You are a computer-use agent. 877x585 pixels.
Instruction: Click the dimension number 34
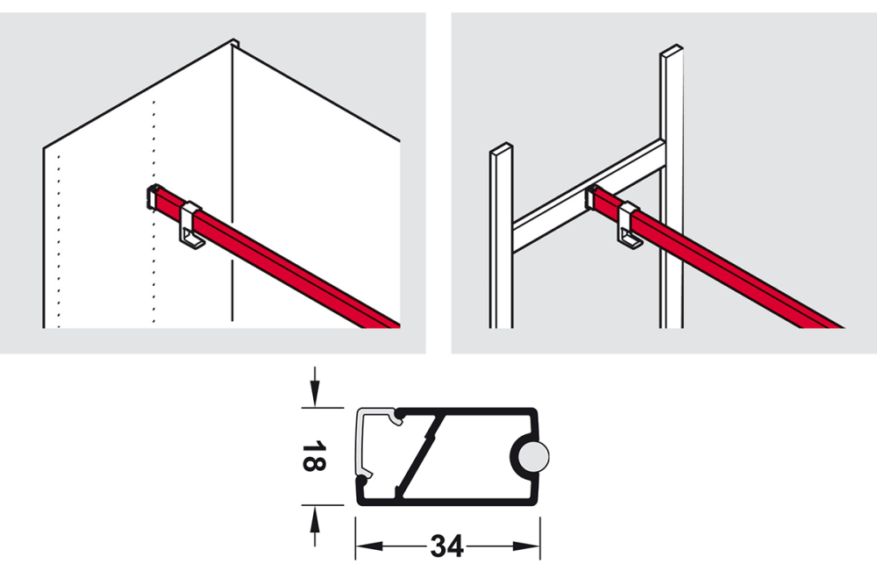[x=446, y=547]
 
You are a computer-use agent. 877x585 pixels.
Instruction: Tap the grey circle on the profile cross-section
[x=531, y=457]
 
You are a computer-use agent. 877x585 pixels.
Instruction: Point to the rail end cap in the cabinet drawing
[x=152, y=197]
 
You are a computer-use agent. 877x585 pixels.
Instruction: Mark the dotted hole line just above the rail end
[x=154, y=140]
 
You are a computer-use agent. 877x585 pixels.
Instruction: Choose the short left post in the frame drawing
[x=502, y=237]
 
